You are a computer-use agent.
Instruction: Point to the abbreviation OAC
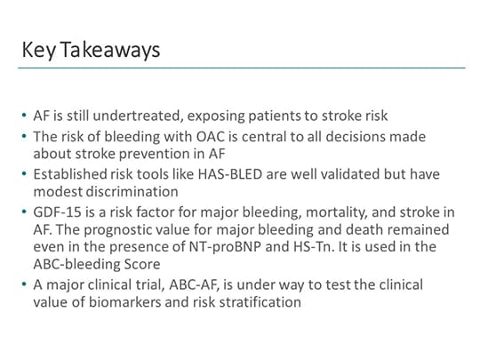(x=193, y=135)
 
